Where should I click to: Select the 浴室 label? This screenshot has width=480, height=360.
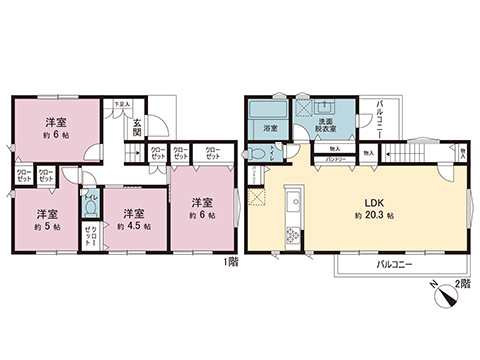pos(270,129)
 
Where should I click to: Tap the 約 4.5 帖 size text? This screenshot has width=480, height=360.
pos(133,227)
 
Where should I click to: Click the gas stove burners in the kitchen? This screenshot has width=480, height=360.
pos(294,236)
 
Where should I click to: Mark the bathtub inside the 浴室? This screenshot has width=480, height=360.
pos(268,110)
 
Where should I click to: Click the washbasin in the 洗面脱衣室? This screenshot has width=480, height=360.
pos(327,108)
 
